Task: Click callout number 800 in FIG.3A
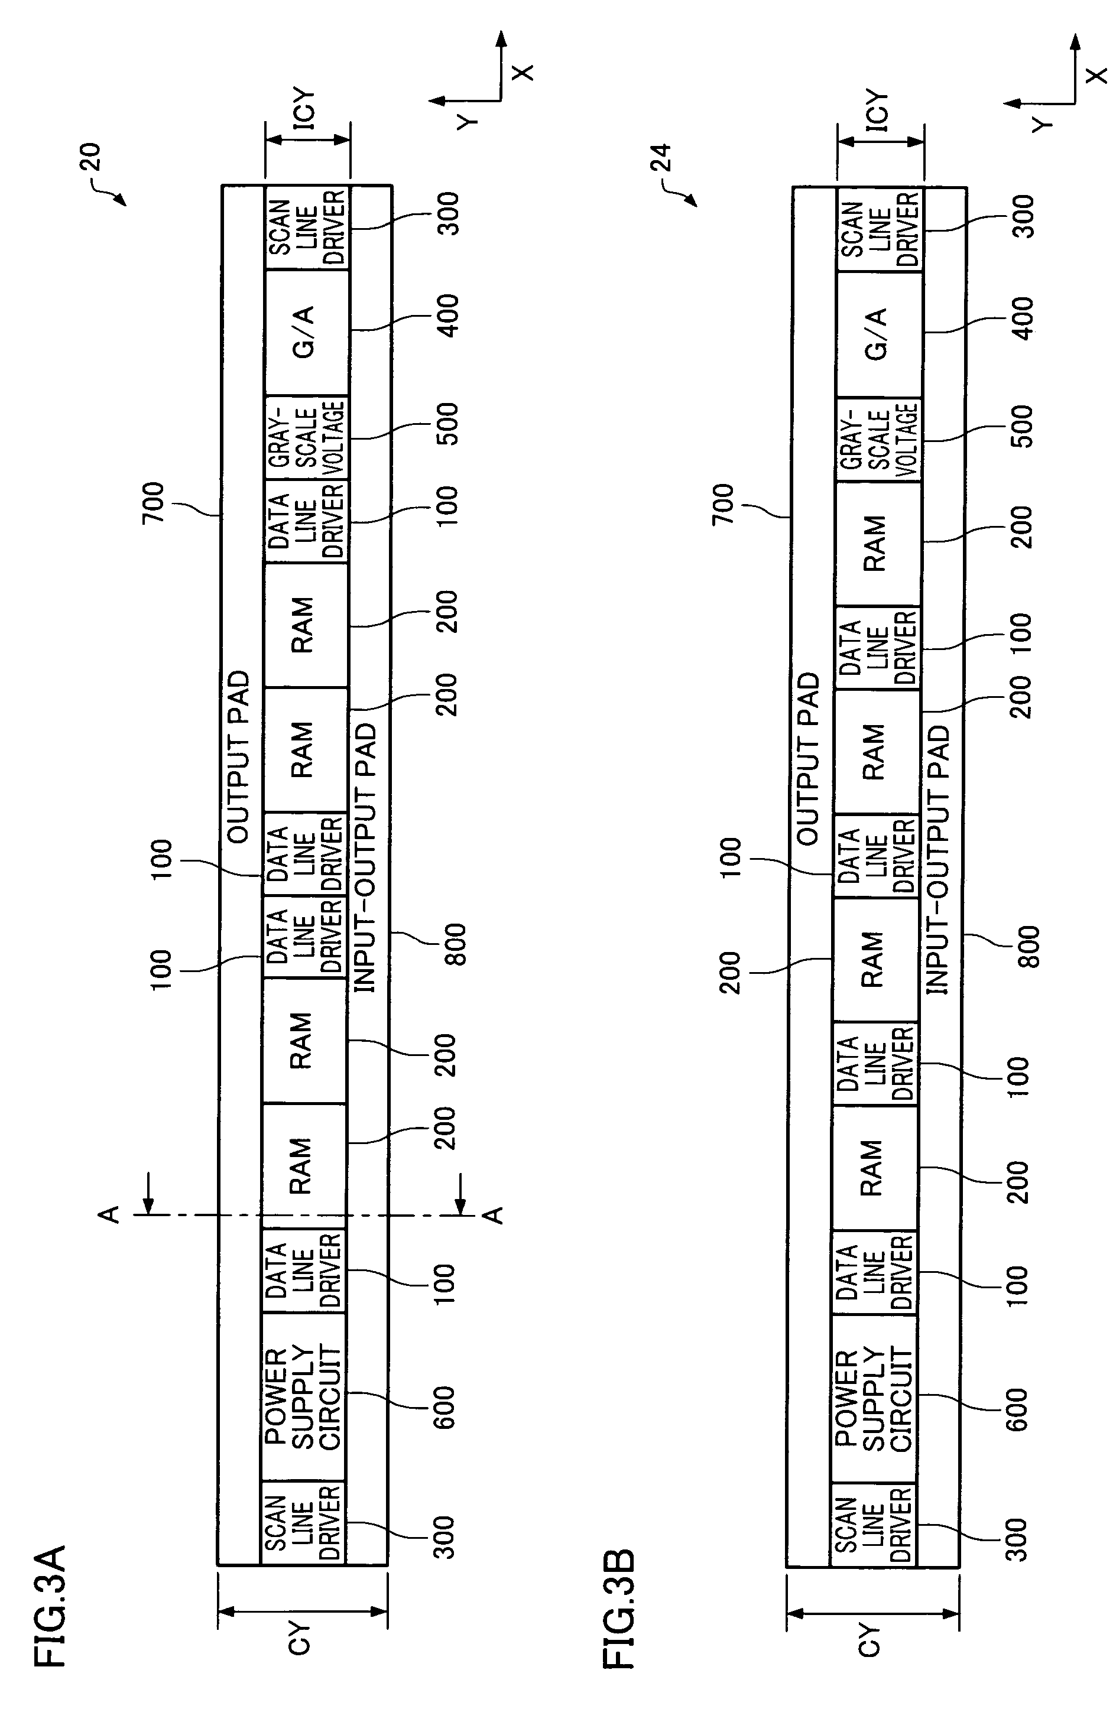click(455, 944)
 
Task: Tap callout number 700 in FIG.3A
click(154, 503)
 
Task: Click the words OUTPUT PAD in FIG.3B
click(808, 758)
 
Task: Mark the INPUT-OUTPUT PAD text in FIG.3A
click(365, 857)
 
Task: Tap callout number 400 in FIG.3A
click(449, 316)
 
